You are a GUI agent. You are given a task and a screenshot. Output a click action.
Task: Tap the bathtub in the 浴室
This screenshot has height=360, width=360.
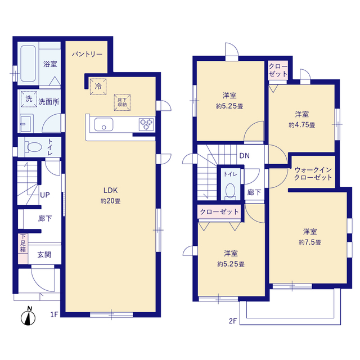(28, 63)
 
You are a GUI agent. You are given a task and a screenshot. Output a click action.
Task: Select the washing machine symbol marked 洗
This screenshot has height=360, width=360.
(29, 99)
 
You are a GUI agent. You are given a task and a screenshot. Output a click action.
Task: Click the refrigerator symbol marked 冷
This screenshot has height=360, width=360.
(98, 87)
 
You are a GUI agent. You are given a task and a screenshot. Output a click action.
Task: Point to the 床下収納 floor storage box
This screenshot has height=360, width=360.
(122, 102)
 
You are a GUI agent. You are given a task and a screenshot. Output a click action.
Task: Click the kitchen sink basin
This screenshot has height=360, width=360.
(103, 124)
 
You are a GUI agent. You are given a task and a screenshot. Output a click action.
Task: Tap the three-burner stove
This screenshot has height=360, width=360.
(146, 124)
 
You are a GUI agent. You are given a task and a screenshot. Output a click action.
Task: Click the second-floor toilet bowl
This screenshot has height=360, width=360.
(230, 190)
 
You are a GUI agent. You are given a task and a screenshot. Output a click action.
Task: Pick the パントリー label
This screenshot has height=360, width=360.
(87, 55)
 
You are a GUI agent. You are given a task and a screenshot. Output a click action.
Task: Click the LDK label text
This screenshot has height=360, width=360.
(110, 190)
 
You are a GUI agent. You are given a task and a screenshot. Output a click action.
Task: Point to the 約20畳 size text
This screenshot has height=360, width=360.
(110, 201)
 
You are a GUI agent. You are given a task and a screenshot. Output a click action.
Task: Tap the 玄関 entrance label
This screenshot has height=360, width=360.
(44, 255)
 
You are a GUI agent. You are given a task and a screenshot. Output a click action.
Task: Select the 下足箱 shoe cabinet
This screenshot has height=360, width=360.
(23, 249)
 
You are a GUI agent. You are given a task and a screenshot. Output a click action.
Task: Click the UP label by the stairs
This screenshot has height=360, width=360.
(45, 195)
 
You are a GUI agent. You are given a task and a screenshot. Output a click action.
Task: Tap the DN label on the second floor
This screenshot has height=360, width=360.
(244, 156)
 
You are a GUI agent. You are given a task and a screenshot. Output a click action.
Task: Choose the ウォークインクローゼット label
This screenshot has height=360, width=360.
(313, 174)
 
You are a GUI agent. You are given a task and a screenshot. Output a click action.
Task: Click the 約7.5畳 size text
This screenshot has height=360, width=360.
(310, 242)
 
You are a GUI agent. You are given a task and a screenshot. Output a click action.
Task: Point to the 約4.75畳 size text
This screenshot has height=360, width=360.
(302, 125)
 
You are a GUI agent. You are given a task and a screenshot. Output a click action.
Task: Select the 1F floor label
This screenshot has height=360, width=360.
(54, 314)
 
